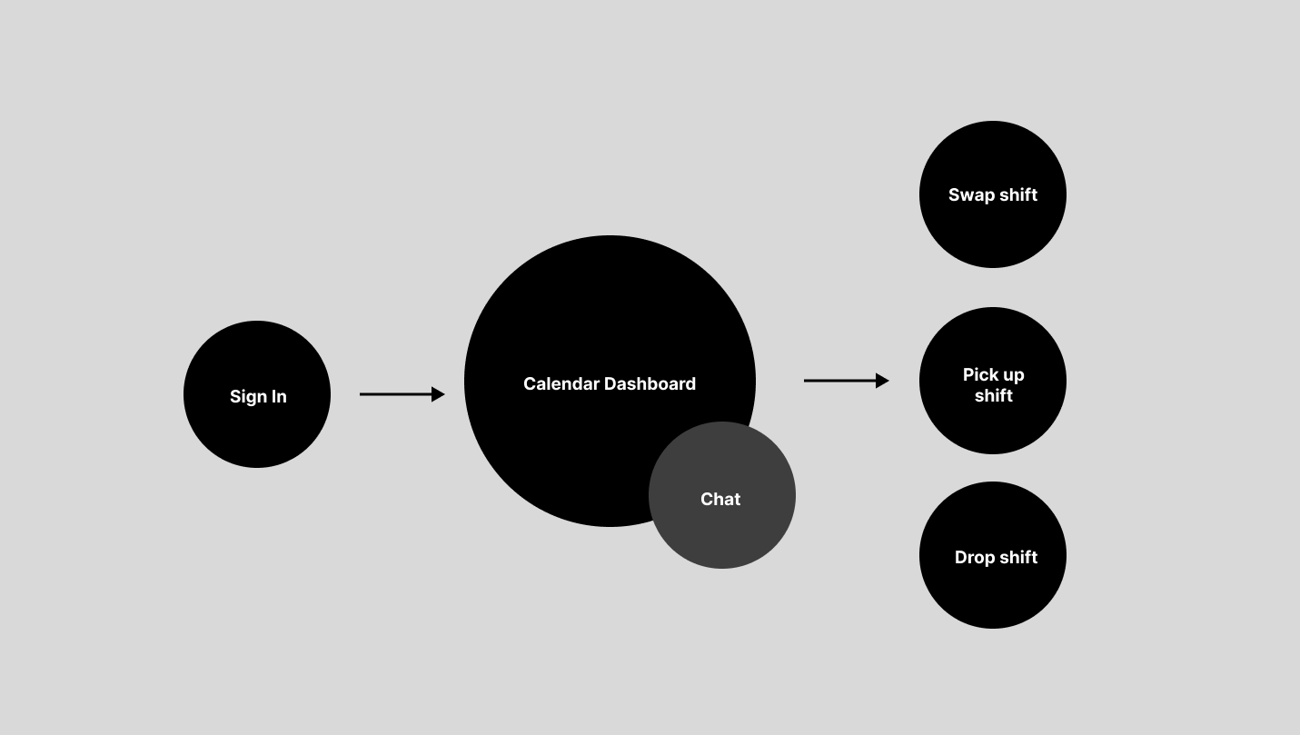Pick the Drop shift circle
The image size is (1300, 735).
click(993, 591)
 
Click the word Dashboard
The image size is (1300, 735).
click(650, 384)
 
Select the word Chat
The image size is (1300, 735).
click(720, 500)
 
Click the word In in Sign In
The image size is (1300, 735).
click(278, 397)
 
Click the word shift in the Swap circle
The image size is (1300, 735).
click(1017, 195)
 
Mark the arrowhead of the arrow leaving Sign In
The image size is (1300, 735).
click(438, 394)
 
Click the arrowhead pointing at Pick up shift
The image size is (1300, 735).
click(882, 381)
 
